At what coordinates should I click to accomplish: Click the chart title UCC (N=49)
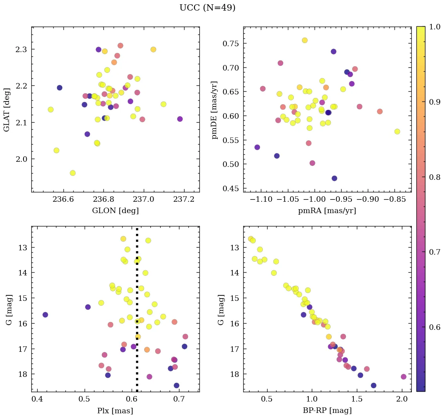tap(207, 8)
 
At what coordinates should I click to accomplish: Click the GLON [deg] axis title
tap(115, 211)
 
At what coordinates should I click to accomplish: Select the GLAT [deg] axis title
tap(7, 109)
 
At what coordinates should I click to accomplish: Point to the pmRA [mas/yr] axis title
tap(327, 211)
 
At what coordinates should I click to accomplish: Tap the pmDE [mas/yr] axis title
tap(214, 110)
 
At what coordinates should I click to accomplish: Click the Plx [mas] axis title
tap(115, 411)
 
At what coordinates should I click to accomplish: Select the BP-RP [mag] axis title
tap(327, 411)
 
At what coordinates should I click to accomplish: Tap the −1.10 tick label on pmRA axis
tap(260, 200)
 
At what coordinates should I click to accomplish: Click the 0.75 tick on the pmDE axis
tap(230, 43)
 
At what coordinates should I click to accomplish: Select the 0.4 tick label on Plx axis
tap(37, 400)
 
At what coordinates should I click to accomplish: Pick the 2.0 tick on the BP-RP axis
tap(402, 400)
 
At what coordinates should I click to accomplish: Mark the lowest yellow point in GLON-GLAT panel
tap(72, 173)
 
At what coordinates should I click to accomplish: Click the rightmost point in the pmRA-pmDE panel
tap(397, 132)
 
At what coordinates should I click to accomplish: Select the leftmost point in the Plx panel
tap(45, 315)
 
